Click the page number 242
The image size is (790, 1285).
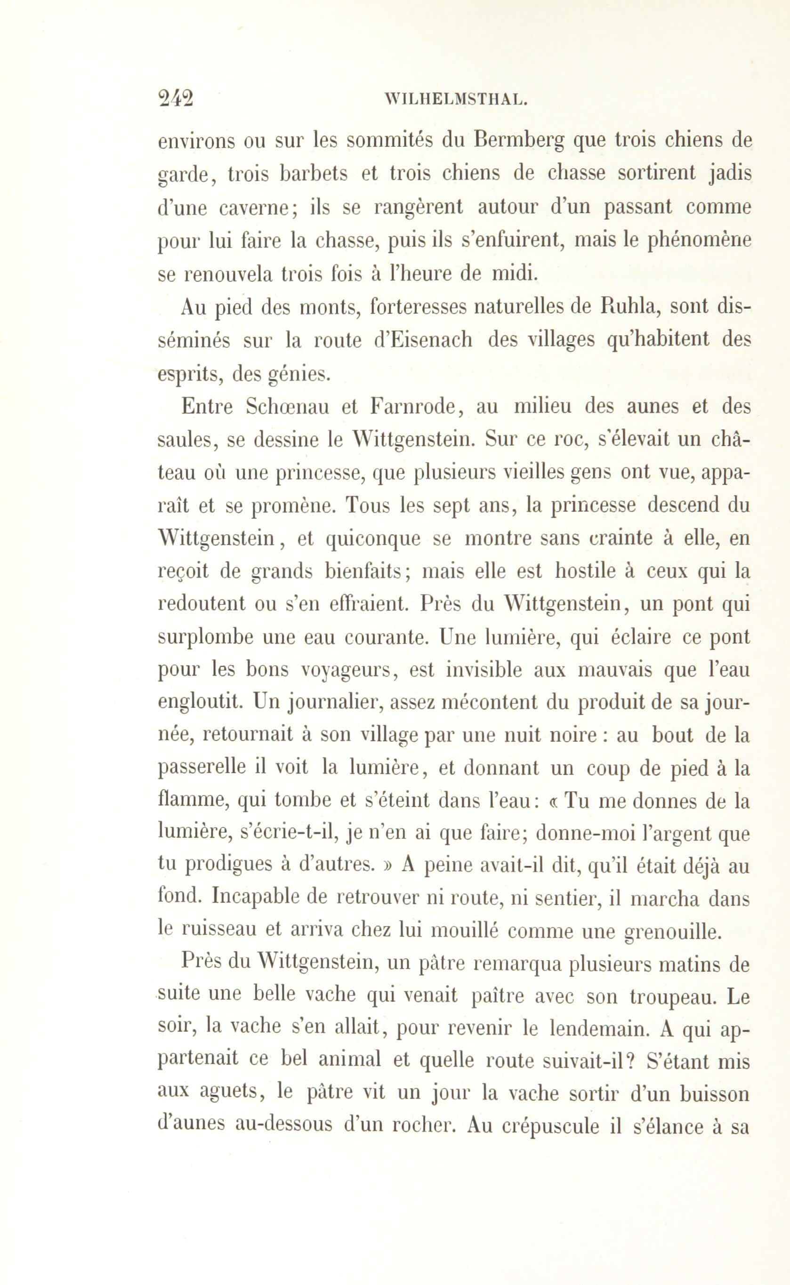point(176,98)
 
